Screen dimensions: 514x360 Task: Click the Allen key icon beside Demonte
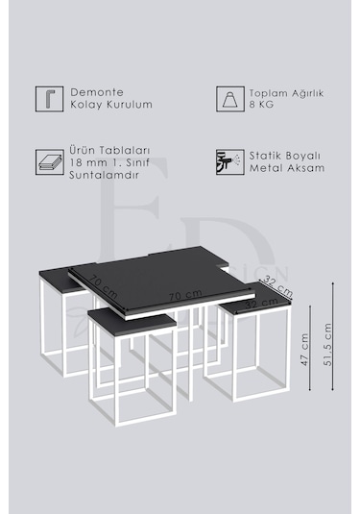coord(45,99)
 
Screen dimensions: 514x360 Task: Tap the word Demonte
coord(94,92)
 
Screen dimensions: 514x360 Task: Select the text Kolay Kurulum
coord(111,105)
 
